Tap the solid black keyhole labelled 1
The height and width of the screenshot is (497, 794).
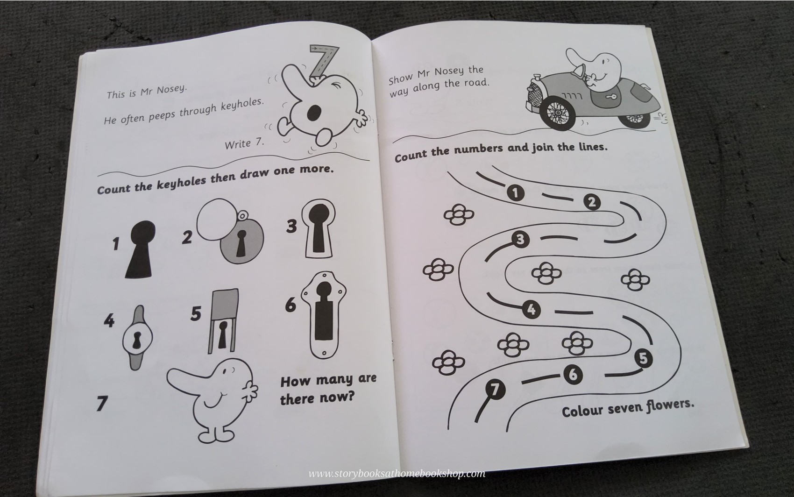pyautogui.click(x=140, y=250)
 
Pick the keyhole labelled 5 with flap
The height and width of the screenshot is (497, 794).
pyautogui.click(x=224, y=322)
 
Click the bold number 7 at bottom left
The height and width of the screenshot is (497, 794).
pyautogui.click(x=102, y=403)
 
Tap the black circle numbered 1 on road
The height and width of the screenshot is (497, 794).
pyautogui.click(x=515, y=193)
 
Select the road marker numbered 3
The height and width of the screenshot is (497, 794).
pyautogui.click(x=520, y=240)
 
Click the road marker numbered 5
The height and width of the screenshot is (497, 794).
pyautogui.click(x=643, y=358)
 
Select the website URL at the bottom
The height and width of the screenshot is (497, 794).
pyautogui.click(x=397, y=474)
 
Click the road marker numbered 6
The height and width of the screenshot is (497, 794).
pyautogui.click(x=573, y=374)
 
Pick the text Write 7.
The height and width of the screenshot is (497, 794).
pyautogui.click(x=244, y=143)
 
